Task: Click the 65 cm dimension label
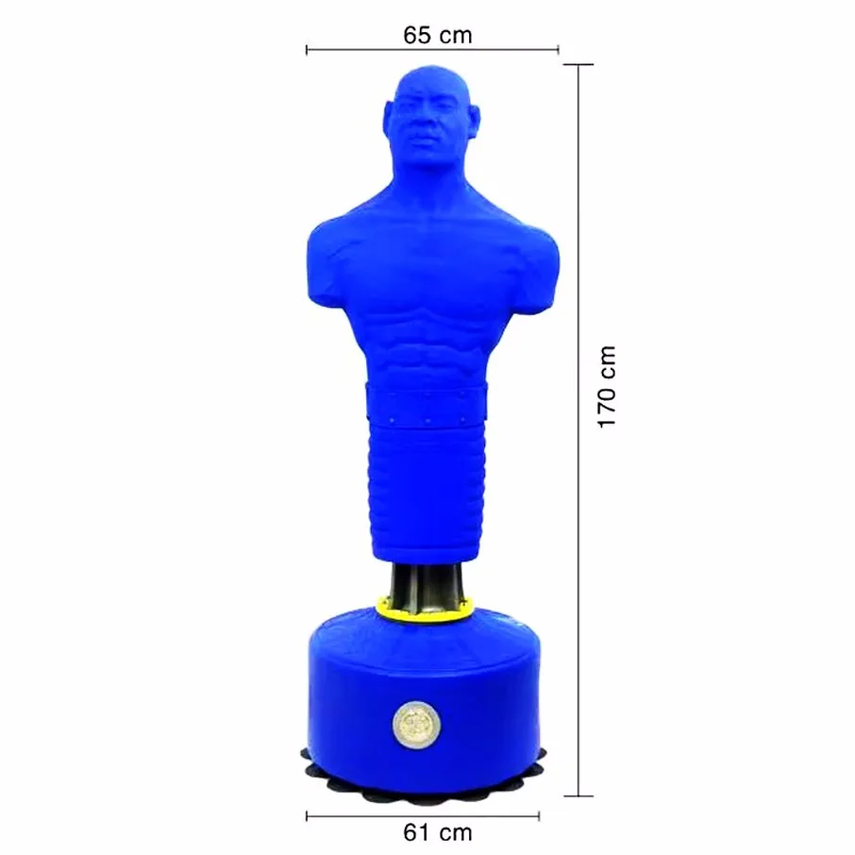(437, 36)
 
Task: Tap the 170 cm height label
(607, 387)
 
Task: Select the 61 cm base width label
(437, 832)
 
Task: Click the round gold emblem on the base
(417, 724)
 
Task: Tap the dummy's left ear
(474, 118)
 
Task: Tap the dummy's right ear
(389, 118)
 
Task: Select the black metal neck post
(427, 583)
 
